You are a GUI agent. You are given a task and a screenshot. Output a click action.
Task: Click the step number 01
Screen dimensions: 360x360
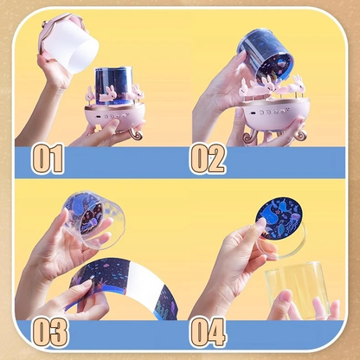(48, 159)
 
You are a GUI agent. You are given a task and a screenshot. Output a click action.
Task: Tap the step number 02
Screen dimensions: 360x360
(208, 158)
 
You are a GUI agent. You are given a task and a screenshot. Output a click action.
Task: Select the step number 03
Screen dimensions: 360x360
(50, 332)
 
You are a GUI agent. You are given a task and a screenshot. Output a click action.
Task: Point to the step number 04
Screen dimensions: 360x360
(208, 332)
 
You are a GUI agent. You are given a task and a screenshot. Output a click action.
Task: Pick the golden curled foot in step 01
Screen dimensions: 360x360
(135, 134)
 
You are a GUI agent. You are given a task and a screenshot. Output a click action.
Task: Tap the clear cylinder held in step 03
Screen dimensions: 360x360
(93, 220)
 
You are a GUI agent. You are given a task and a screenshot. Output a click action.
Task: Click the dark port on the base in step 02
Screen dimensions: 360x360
(254, 113)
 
